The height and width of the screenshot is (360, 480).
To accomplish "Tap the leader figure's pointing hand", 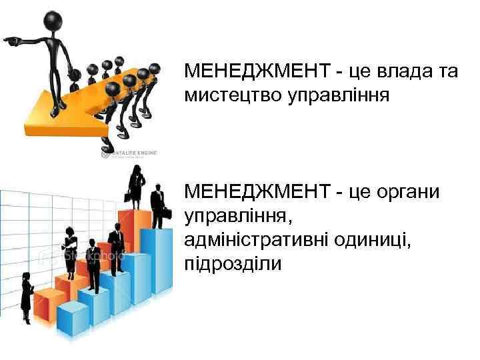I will coord(11,41).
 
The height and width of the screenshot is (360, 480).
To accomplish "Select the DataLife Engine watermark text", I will coord(134,153).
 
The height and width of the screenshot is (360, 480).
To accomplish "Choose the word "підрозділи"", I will coord(233,264).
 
